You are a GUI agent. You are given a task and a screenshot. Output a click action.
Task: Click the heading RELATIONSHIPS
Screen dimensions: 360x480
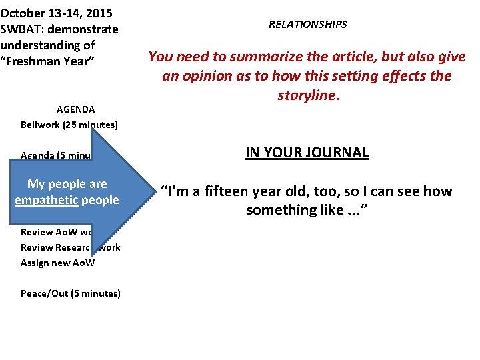pos(307,25)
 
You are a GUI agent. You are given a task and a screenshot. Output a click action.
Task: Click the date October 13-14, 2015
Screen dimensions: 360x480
pos(56,13)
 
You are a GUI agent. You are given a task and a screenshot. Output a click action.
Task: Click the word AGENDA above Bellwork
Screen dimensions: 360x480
pos(75,109)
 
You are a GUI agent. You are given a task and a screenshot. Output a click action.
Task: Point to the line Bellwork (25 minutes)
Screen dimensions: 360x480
pos(69,125)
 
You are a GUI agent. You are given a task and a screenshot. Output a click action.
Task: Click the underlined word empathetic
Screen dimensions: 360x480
pos(45,200)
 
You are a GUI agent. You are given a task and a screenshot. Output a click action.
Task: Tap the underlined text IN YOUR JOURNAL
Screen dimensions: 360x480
pos(307,152)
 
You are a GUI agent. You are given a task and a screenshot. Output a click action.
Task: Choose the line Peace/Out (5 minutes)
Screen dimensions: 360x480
pos(71,293)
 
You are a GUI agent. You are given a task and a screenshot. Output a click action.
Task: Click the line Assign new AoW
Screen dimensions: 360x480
pos(58,263)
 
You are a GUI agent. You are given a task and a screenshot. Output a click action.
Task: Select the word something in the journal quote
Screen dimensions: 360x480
pos(281,210)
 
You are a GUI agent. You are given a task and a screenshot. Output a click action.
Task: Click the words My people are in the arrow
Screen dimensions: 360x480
pos(67,184)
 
